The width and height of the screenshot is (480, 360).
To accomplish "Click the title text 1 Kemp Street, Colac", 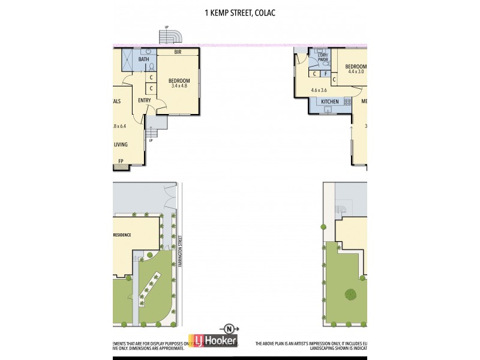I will (240, 11).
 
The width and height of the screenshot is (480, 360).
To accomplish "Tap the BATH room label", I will (144, 59).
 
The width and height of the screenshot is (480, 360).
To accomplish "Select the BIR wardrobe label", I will (178, 53).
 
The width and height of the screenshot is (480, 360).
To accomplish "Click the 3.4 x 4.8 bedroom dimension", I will (179, 86).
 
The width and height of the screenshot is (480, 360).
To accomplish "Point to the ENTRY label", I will (145, 100).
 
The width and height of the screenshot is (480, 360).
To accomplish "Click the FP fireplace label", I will (121, 161).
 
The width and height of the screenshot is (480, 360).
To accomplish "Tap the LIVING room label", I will (121, 145).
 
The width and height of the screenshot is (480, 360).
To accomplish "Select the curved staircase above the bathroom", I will (170, 37).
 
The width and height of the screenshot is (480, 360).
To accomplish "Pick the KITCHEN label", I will (329, 102).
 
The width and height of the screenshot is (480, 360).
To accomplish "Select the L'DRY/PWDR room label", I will (323, 58).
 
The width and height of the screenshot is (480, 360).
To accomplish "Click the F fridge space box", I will (325, 74).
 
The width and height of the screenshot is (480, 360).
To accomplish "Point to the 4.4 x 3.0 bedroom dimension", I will (356, 71).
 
